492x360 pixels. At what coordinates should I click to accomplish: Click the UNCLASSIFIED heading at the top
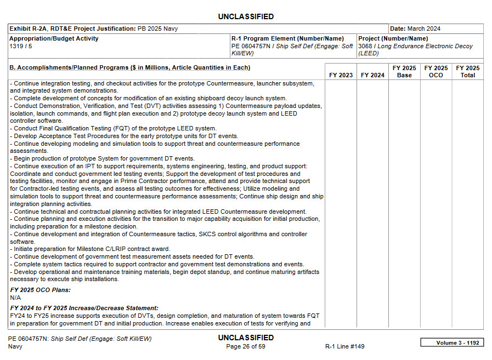[x=246, y=16]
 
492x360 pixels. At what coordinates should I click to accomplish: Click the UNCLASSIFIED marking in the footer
[x=246, y=338]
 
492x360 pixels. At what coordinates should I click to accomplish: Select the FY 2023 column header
[x=341, y=75]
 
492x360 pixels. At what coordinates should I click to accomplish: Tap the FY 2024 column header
[x=372, y=75]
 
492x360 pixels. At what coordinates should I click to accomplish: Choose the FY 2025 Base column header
[x=404, y=72]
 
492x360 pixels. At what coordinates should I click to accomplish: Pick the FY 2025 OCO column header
[x=436, y=72]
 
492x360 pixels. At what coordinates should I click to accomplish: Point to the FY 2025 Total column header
[x=468, y=72]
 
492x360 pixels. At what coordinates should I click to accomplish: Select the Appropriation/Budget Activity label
[x=54, y=39]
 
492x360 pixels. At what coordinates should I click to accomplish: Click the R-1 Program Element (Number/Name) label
[x=287, y=39]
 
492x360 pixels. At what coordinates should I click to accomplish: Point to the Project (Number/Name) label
[x=393, y=39]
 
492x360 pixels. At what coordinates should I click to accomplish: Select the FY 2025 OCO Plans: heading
[x=40, y=290]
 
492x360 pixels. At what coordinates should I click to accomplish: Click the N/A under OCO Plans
[x=15, y=297]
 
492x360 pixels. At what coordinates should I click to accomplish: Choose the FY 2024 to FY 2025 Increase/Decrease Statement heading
[x=84, y=308]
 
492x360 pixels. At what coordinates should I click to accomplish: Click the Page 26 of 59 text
[x=246, y=346]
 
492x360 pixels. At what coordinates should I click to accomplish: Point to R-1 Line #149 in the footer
[x=344, y=346]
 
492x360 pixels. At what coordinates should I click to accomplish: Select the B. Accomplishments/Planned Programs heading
[x=130, y=68]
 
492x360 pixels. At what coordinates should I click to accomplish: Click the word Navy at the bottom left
[x=15, y=346]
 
